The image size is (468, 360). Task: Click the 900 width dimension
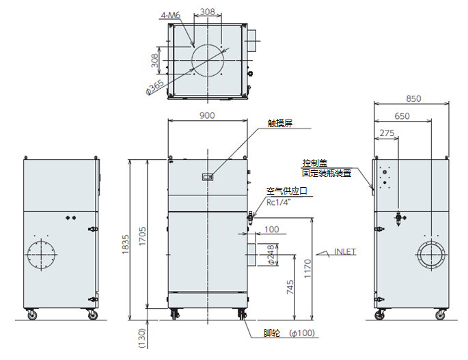pos(207,115)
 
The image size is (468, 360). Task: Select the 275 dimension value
pos(387,134)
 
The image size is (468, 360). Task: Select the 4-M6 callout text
pos(171,14)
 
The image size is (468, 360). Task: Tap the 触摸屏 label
pos(280,124)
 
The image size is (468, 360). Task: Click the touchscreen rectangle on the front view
pos(208,177)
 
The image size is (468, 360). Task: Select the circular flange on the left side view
pos(43,255)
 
